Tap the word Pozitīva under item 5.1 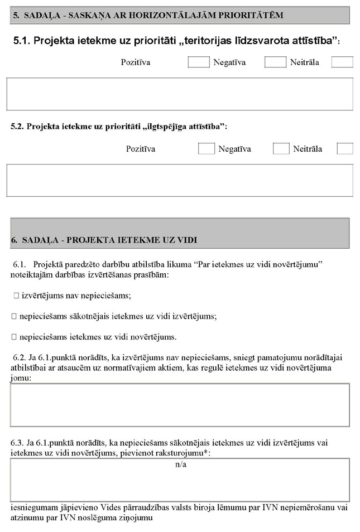point(135,62)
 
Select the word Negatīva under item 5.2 point(234,149)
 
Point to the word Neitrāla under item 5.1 point(304,62)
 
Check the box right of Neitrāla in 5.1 point(342,62)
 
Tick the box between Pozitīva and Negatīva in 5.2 point(206,149)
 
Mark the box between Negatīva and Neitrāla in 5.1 point(275,62)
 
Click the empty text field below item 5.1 point(179,94)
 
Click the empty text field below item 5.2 point(179,180)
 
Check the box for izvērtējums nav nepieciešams point(16,296)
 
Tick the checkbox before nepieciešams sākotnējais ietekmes point(14,316)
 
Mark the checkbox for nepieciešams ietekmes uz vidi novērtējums point(14,337)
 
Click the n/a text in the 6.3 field point(180,464)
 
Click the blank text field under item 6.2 point(180,405)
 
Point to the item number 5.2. point(18,127)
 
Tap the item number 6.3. point(17,443)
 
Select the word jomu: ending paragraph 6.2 point(21,378)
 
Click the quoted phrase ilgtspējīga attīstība point(184,127)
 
